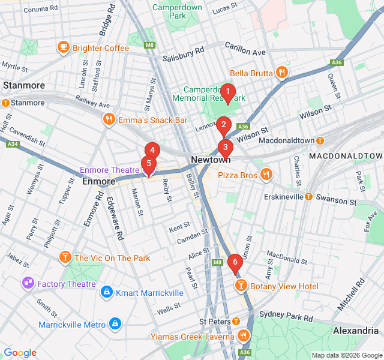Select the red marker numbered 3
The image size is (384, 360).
tap(225, 147)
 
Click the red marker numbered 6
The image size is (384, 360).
tap(235, 262)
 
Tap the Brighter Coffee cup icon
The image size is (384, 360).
tap(63, 47)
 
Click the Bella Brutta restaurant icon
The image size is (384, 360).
tap(282, 73)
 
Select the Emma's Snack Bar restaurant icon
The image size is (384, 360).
tap(109, 119)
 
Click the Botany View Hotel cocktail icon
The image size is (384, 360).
tap(241, 286)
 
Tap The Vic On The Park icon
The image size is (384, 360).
tap(65, 258)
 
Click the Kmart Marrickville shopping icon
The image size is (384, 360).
tap(106, 293)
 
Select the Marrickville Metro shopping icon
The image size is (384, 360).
tap(115, 325)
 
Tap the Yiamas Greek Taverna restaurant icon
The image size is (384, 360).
tap(244, 337)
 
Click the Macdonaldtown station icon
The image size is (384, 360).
tap(320, 140)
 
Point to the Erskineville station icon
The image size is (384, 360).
tap(308, 196)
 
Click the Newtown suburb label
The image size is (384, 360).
tap(211, 160)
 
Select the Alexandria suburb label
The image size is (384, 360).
tap(355, 331)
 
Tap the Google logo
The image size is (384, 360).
tap(20, 353)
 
